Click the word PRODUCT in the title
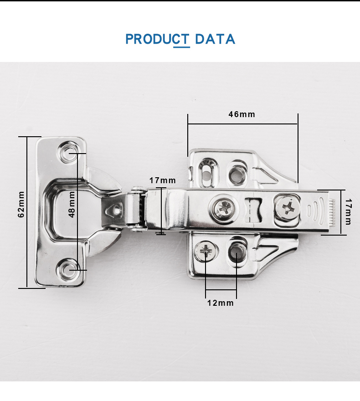click(x=158, y=39)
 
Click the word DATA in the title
click(x=215, y=39)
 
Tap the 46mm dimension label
click(x=242, y=114)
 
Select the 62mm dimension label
click(x=21, y=204)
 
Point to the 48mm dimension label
click(x=72, y=204)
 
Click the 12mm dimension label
click(x=221, y=303)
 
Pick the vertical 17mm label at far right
click(x=348, y=212)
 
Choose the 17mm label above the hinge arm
click(x=163, y=180)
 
